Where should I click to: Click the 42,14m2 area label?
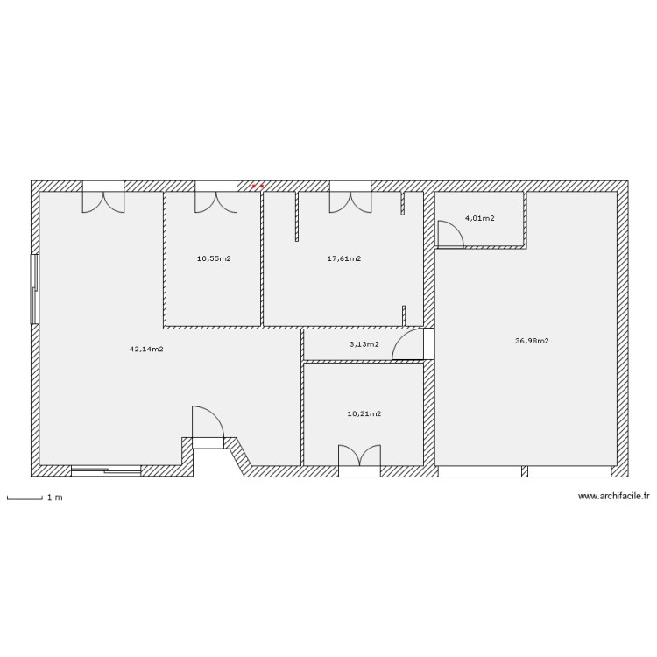pos(146,349)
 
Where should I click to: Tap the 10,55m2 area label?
pos(214,258)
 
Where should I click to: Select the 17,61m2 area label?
pos(343,258)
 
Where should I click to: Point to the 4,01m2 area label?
pos(479,218)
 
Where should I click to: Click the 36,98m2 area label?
pos(532,341)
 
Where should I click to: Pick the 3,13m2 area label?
pos(364,344)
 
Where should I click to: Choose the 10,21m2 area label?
pos(364,413)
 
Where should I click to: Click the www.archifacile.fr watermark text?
pos(614,497)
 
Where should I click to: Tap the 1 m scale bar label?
pos(54,498)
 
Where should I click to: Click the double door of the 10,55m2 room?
pos(215,200)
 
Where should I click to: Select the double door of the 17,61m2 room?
pos(350,200)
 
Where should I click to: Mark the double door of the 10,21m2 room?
pos(359,457)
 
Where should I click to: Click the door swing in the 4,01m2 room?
pos(449,235)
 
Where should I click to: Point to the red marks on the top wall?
pos(258,186)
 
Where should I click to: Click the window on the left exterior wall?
pos(35,289)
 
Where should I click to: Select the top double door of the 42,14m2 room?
pos(103,200)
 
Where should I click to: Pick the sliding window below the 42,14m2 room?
pos(106,471)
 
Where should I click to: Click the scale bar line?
pos(25,499)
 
